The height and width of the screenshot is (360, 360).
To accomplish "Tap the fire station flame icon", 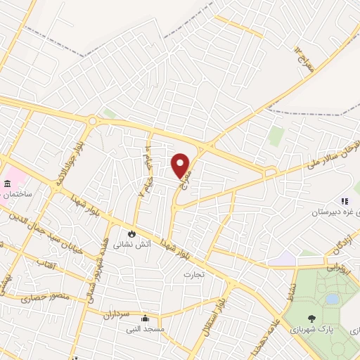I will click(x=132, y=233).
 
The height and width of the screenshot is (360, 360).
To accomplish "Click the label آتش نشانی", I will click(x=132, y=245).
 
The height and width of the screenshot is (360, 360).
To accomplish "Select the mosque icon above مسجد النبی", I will click(x=144, y=317).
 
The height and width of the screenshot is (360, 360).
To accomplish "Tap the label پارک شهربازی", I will click(x=335, y=328).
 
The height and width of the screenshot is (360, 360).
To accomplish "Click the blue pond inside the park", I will click(x=332, y=300).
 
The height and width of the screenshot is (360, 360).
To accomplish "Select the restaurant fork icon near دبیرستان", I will click(x=345, y=200).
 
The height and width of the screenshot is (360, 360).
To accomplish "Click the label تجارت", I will click(x=193, y=274).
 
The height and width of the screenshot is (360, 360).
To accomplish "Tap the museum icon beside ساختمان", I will click(x=7, y=184).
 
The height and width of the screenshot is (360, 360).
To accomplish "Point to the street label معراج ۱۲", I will click(x=297, y=51).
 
